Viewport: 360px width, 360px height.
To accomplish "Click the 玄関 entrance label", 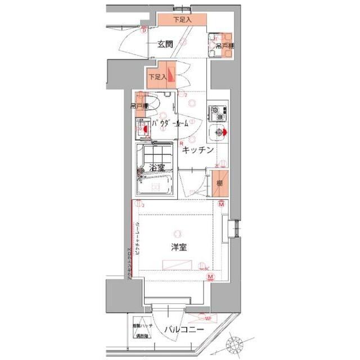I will click(x=164, y=44).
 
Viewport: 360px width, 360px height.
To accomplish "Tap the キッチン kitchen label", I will click(x=197, y=150).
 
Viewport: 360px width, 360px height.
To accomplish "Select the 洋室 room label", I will click(x=179, y=246).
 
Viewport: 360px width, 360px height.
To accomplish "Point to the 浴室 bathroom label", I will click(x=156, y=168).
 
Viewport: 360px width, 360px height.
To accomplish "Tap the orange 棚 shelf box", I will click(x=220, y=184).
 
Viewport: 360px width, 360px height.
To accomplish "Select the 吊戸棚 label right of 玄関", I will click(x=224, y=46).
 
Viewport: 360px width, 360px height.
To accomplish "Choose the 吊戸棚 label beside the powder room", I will click(x=139, y=106).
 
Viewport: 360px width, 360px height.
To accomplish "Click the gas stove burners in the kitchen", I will click(x=217, y=112).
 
